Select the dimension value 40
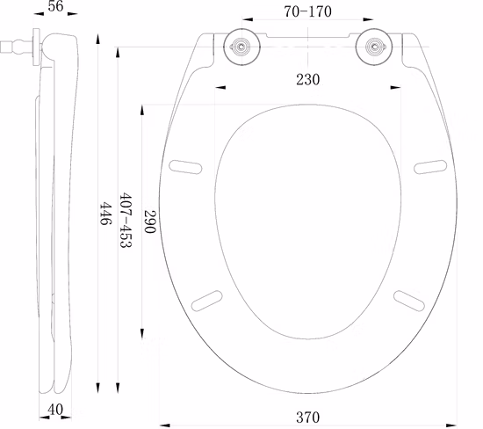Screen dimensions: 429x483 pyautogui.click(x=55, y=410)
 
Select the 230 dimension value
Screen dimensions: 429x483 pyautogui.click(x=307, y=79)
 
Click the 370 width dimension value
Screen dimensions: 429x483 pyautogui.click(x=307, y=417)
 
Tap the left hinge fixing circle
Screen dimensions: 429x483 pyautogui.click(x=240, y=47)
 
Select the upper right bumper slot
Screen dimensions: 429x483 pyautogui.click(x=430, y=165)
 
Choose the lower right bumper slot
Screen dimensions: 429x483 pyautogui.click(x=409, y=299)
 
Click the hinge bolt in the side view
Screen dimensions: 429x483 pyautogui.click(x=13, y=45)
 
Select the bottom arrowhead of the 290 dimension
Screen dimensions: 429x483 pyautogui.click(x=142, y=336)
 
